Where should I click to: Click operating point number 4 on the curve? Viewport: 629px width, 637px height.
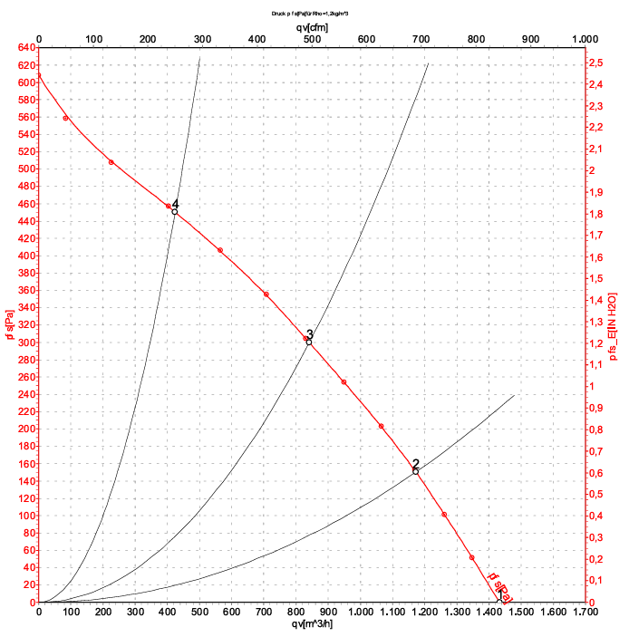175,211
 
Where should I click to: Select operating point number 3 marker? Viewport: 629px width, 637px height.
309,342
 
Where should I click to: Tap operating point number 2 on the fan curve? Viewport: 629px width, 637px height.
416,471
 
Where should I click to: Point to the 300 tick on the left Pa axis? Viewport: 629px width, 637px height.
24,343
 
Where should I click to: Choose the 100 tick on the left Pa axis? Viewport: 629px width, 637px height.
24,516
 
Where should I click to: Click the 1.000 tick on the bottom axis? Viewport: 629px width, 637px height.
360,613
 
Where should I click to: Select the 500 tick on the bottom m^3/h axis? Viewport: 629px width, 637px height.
199,613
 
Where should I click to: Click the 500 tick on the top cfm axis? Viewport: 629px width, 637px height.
312,39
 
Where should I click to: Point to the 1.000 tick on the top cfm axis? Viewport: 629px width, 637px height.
585,39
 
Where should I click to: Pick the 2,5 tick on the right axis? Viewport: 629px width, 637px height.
596,63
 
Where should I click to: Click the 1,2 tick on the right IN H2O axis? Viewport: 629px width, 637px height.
596,343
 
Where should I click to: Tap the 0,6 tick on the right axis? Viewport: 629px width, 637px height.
596,473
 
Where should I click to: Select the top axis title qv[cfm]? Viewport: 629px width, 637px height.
313,27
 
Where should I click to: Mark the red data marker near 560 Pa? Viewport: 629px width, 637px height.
65,119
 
